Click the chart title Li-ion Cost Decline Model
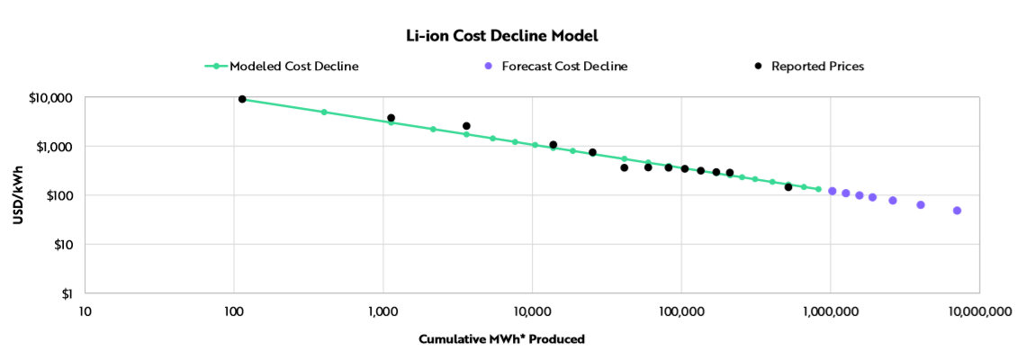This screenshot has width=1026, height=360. (x=501, y=36)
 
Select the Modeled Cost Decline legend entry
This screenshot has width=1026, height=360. (x=281, y=66)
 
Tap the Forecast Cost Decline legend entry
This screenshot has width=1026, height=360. (x=564, y=66)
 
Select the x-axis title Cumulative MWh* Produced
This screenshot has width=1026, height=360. (x=501, y=339)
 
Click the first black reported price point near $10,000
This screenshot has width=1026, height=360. (x=242, y=99)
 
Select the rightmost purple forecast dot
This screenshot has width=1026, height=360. (x=957, y=211)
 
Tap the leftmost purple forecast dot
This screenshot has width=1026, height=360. (x=832, y=191)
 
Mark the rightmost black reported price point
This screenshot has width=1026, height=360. (x=788, y=187)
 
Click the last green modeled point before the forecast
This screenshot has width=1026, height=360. (x=818, y=189)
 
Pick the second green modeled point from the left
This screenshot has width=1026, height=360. (x=324, y=112)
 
